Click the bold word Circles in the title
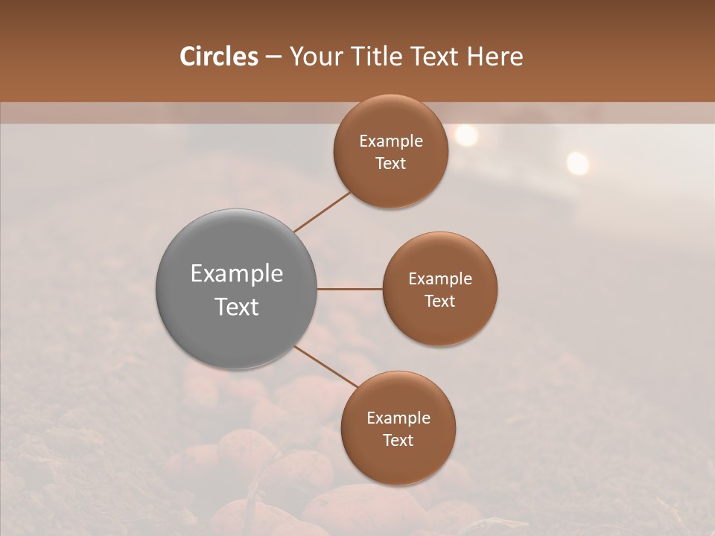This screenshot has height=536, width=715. click(219, 57)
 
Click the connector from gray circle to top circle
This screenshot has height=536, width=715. click(322, 212)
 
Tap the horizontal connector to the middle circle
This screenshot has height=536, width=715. click(349, 289)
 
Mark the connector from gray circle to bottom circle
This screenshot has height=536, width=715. click(326, 366)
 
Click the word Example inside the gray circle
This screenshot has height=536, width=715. click(237, 274)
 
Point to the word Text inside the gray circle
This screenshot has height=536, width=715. click(237, 307)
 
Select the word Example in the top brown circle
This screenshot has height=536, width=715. click(391, 141)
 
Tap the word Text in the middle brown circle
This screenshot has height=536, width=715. click(439, 301)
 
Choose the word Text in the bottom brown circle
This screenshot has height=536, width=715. click(398, 440)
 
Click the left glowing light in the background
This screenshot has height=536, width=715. click(465, 135)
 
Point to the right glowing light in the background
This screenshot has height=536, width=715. click(577, 162)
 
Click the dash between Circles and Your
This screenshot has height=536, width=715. click(273, 57)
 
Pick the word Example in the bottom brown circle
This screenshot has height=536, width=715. click(398, 418)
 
